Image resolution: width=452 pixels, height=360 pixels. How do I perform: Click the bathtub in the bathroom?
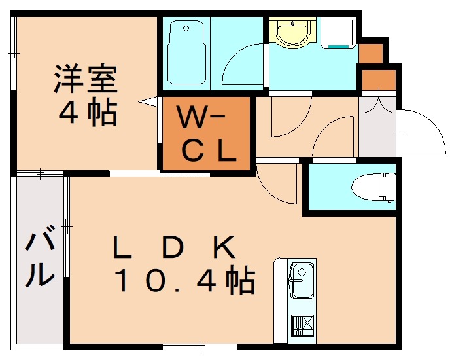coord(188,54)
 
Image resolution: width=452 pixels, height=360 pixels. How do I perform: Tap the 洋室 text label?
coord(85,80)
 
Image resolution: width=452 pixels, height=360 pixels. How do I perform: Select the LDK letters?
coord(173,248)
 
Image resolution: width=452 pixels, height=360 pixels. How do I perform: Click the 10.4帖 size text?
coord(184,281)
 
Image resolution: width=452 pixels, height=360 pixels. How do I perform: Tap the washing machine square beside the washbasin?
coord(338,31)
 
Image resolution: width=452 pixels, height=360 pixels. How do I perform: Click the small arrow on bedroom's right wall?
coord(148,101)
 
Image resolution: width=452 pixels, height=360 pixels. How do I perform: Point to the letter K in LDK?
coord(222,248)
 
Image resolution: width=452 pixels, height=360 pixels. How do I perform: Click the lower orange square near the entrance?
coord(379,80)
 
